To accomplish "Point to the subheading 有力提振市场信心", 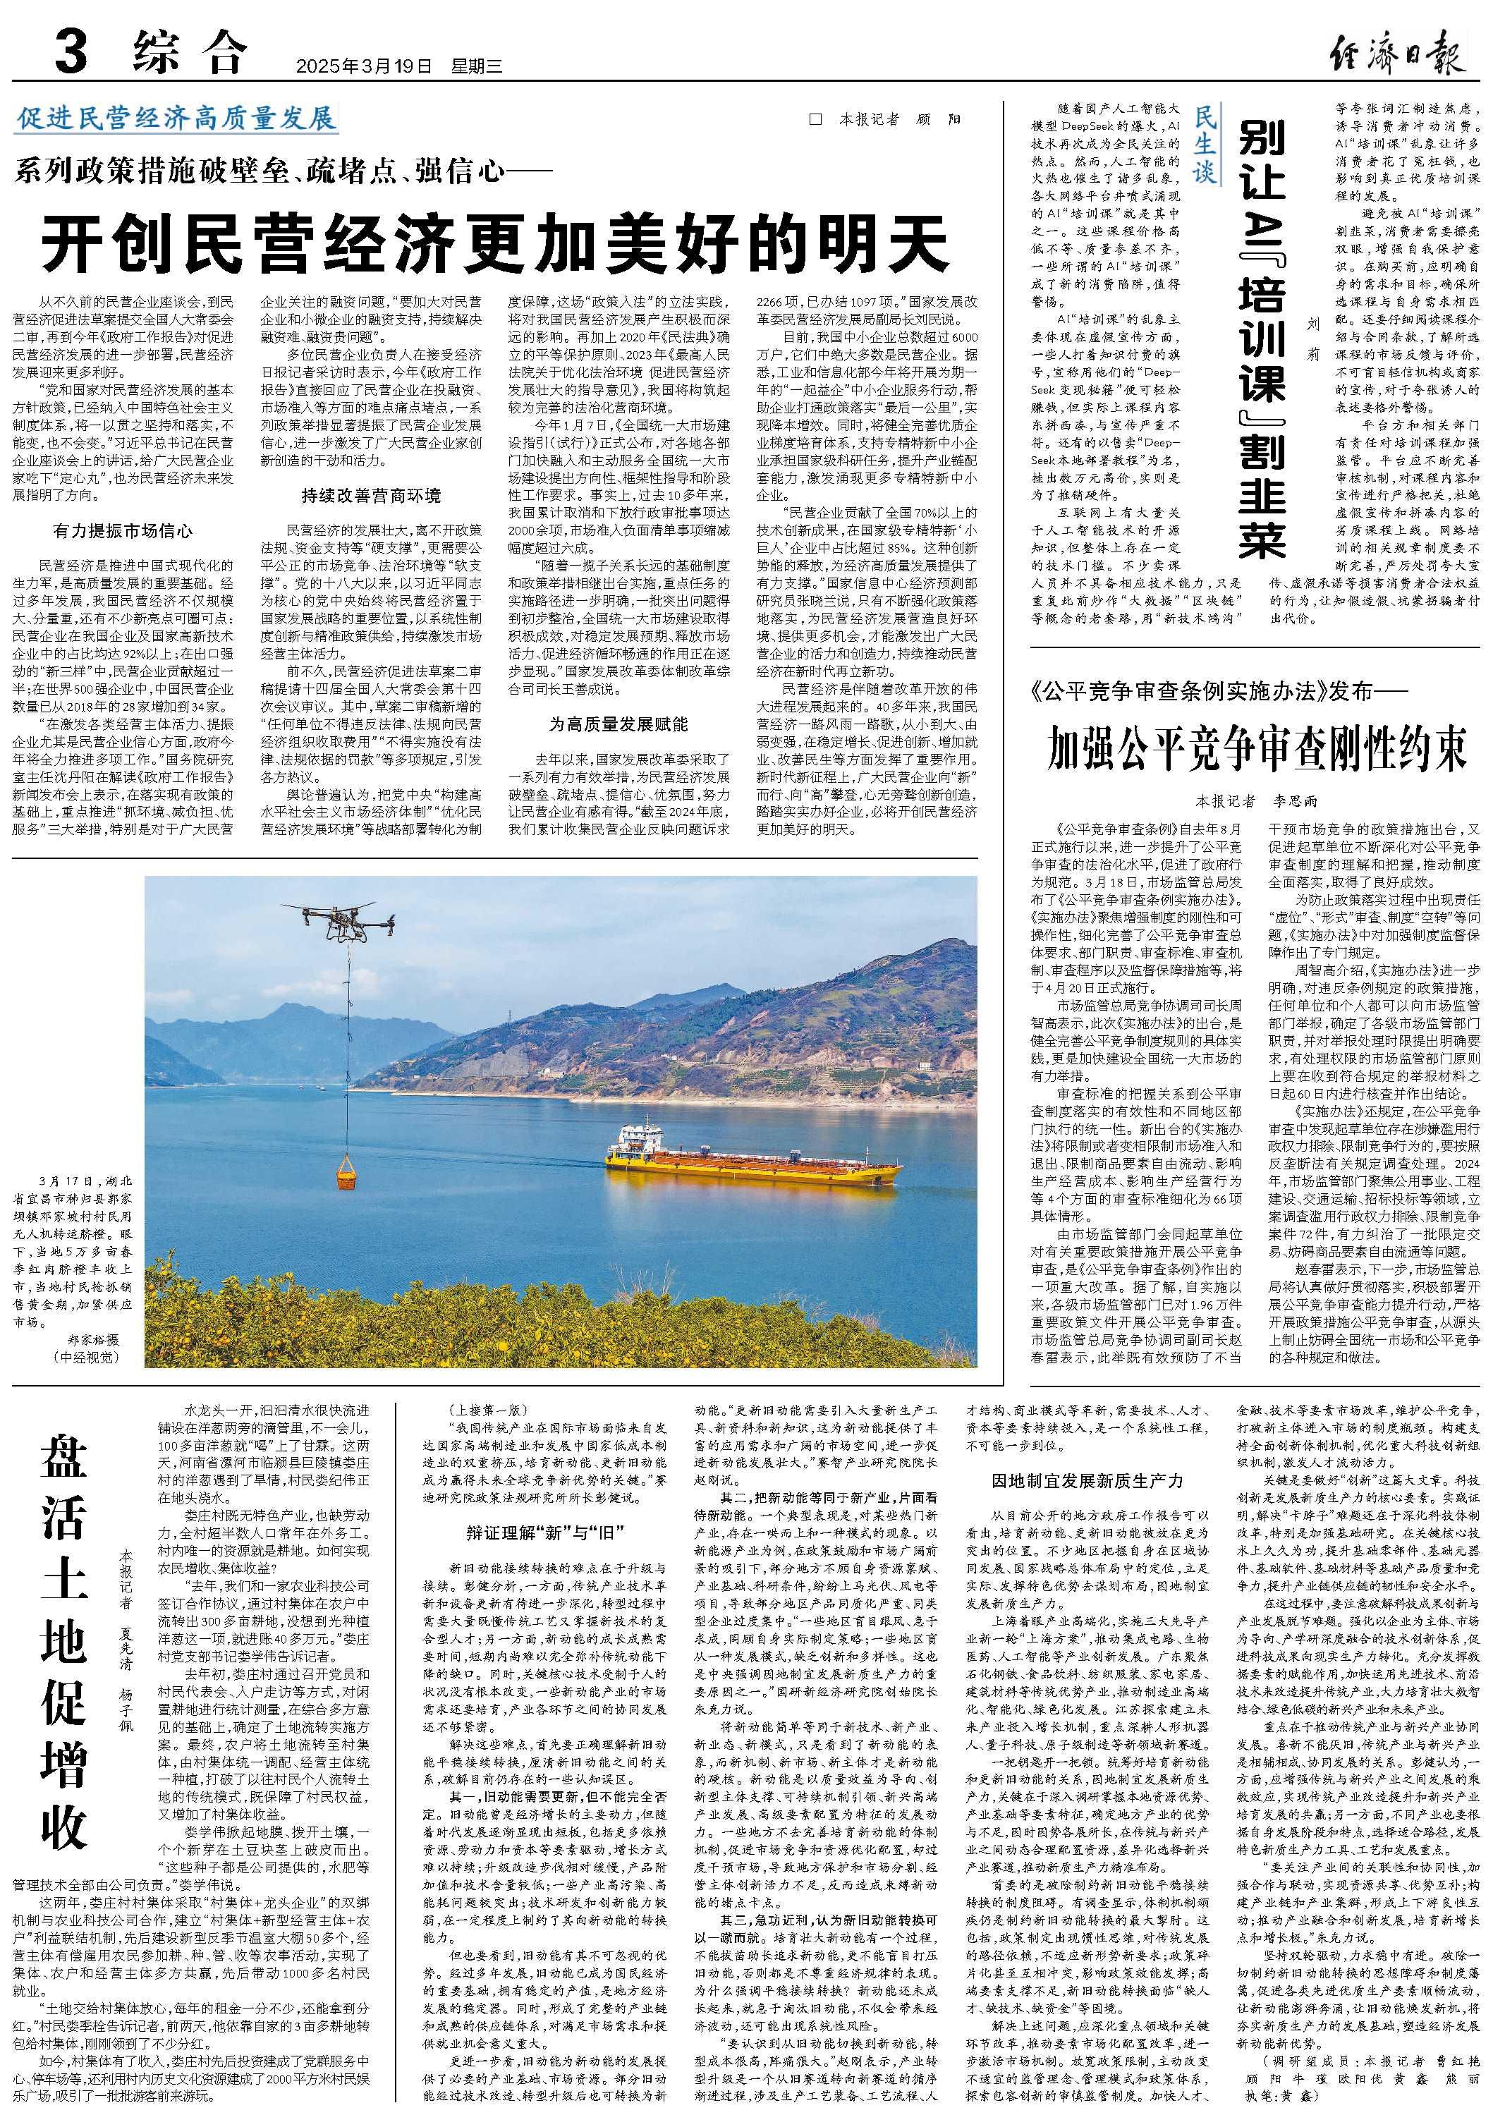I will (x=123, y=532).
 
